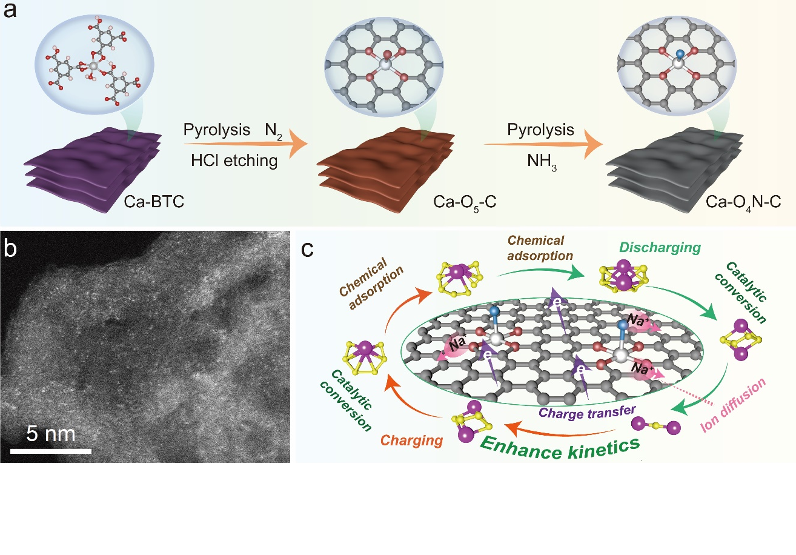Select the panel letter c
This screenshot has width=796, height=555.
coord(309,249)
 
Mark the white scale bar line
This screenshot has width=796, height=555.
coord(51,450)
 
